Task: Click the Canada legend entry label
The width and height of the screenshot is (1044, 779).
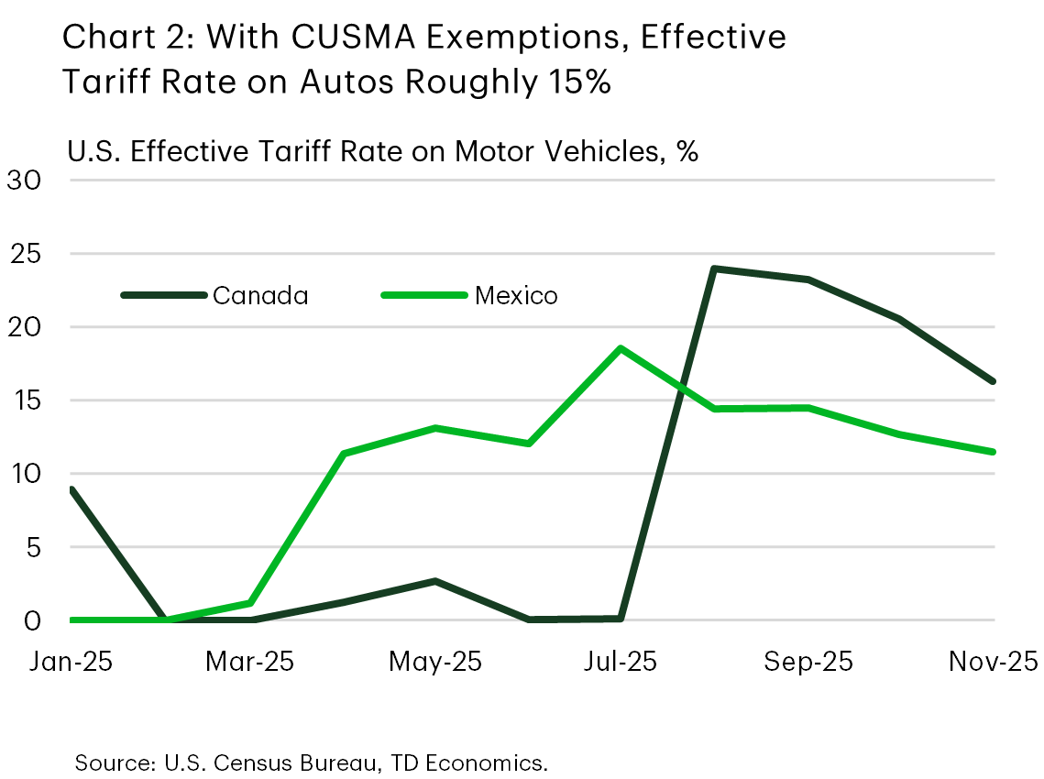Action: click(260, 295)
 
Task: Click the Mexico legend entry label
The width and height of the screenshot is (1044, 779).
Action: click(516, 295)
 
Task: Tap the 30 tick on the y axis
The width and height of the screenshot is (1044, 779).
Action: click(25, 180)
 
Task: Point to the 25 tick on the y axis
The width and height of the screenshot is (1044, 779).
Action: click(25, 253)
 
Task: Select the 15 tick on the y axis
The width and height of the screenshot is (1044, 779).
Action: click(25, 400)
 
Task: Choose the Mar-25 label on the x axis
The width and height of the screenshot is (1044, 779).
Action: click(250, 661)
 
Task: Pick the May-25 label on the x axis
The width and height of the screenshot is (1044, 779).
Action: click(436, 661)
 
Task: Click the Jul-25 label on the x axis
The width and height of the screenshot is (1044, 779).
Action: click(621, 661)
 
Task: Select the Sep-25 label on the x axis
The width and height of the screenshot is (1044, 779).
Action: click(808, 661)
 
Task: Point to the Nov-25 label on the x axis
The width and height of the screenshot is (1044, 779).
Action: click(993, 661)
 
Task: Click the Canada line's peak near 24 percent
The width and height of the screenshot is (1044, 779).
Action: click(714, 269)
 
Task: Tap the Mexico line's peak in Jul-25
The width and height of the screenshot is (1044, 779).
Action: click(621, 348)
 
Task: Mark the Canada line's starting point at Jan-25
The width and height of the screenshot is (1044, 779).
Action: click(71, 489)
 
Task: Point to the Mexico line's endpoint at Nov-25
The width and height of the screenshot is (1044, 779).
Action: click(994, 452)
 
